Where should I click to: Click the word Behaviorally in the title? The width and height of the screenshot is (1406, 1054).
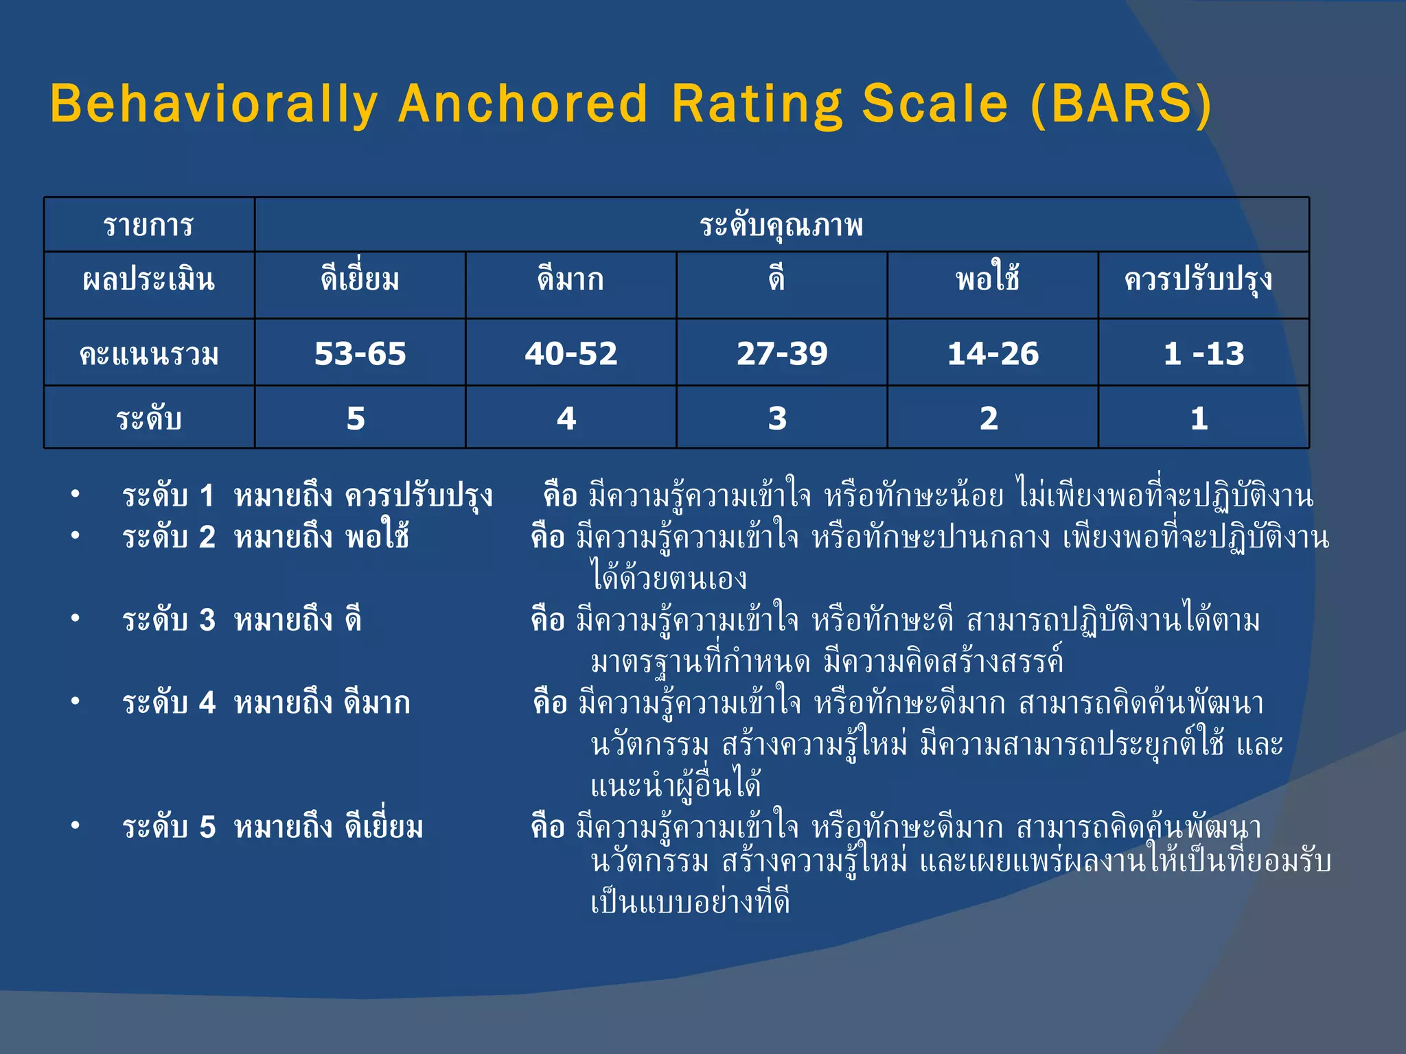point(214,104)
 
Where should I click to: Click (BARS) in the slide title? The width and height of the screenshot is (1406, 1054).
point(1121,104)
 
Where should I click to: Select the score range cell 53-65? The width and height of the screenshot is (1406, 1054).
point(360,353)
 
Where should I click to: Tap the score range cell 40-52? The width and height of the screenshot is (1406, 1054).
point(571,353)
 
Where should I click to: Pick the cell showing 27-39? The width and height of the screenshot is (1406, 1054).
point(782,353)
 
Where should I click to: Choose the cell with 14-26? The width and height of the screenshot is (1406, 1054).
point(993,353)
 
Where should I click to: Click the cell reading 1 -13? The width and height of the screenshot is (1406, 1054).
point(1203,353)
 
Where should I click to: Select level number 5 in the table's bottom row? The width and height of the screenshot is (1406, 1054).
point(356,418)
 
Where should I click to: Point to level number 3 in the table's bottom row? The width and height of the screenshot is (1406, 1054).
point(777,418)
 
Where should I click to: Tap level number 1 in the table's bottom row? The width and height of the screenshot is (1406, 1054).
point(1199,418)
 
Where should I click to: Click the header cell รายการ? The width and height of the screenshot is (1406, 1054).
point(149,225)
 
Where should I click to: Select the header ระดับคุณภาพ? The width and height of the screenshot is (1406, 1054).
point(781,225)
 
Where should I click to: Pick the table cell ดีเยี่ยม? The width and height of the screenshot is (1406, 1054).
point(360,279)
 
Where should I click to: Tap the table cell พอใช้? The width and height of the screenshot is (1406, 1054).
point(988,279)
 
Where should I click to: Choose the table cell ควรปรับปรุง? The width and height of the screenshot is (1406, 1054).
point(1198,279)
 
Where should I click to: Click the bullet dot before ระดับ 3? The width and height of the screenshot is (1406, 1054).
point(76,618)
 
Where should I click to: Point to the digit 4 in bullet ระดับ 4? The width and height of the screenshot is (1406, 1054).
point(207,703)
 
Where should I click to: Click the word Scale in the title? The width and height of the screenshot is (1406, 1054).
point(934,104)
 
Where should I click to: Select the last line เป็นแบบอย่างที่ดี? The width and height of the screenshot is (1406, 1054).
point(690,902)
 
